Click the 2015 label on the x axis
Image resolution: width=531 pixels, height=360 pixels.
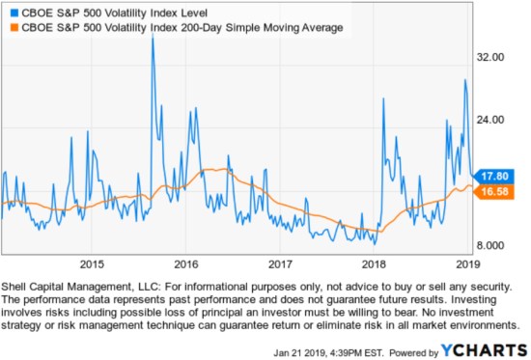92,263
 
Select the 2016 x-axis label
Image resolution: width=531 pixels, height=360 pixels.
185,263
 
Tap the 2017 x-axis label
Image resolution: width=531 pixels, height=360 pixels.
279,263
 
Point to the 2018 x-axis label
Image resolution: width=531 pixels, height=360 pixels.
373,263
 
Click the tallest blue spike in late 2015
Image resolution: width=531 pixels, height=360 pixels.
153,39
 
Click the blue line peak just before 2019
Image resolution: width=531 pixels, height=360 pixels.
465,80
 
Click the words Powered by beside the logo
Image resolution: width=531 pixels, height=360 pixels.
418,346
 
